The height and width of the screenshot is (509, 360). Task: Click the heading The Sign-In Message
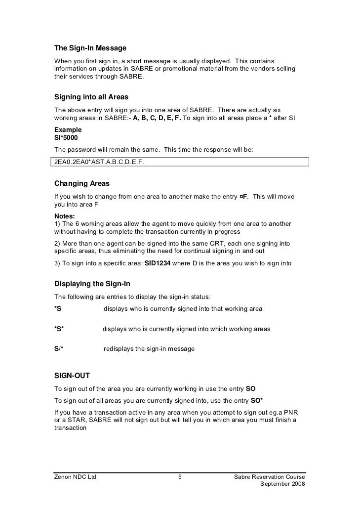90,48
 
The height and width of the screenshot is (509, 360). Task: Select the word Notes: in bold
64,216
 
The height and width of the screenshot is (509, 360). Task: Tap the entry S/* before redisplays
59,349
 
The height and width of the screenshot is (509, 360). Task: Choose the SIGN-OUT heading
72,376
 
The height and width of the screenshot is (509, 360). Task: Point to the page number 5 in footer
180,477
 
